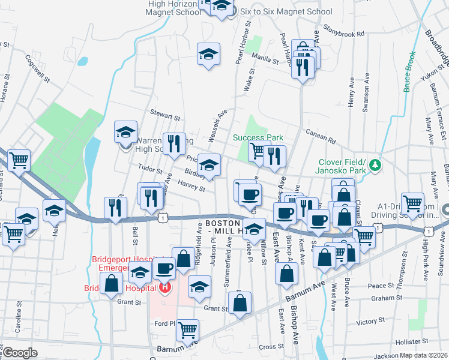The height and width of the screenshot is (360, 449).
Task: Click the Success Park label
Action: (x=258, y=137)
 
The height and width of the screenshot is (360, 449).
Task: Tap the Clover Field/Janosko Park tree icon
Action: (x=375, y=164)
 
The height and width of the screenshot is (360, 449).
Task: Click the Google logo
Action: (x=20, y=353)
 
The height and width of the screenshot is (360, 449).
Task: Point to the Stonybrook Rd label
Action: (x=344, y=31)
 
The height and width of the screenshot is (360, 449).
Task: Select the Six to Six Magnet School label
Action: (x=285, y=11)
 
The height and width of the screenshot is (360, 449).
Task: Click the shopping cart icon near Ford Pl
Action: (x=188, y=329)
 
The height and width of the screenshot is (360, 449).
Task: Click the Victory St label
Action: (x=370, y=322)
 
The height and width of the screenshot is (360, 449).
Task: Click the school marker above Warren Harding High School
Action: (x=126, y=132)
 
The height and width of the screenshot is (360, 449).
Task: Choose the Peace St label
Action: (x=381, y=286)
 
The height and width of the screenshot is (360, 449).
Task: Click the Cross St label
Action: (x=267, y=346)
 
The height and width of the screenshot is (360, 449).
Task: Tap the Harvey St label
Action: (x=192, y=187)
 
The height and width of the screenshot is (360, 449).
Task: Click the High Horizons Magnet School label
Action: (x=174, y=7)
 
